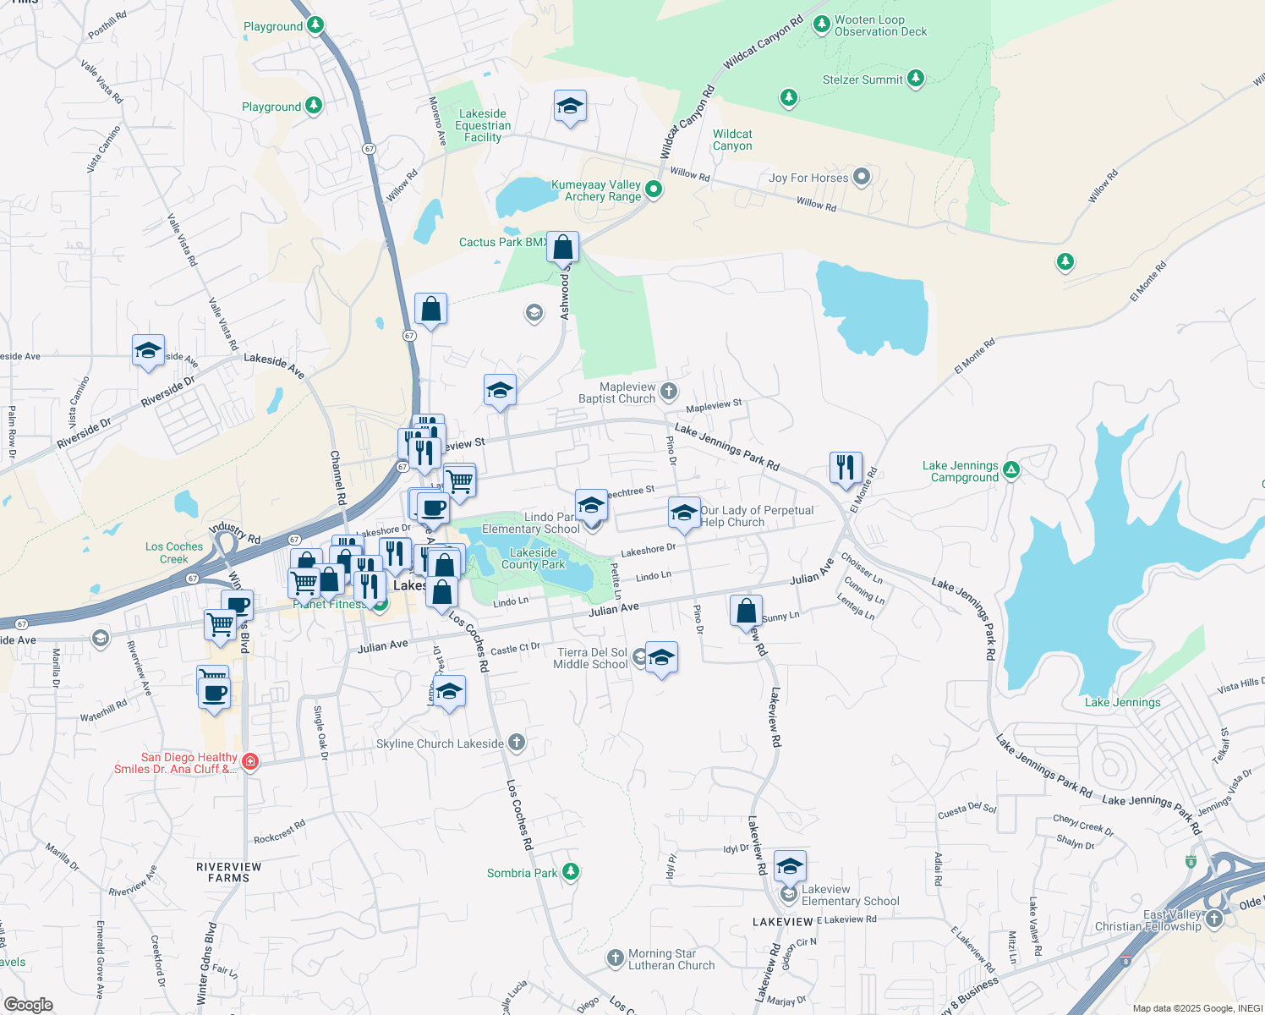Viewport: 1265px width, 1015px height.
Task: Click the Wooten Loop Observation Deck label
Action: [x=880, y=26]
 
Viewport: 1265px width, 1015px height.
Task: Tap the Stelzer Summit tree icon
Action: [x=915, y=80]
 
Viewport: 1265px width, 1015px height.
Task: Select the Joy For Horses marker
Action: [x=862, y=177]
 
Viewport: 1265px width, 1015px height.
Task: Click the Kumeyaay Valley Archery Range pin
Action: [x=653, y=189]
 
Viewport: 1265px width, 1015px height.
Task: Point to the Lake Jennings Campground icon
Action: [x=1011, y=469]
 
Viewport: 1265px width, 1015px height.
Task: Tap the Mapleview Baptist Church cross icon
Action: [x=669, y=391]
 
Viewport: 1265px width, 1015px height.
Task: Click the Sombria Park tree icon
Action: [x=571, y=872]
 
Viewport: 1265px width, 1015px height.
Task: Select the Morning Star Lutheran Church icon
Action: [x=616, y=957]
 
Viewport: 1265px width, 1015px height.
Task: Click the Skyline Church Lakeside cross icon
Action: [x=517, y=743]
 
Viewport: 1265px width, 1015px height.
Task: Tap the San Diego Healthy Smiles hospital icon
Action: [x=249, y=762]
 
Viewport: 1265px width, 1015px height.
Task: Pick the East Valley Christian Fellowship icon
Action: [x=1214, y=919]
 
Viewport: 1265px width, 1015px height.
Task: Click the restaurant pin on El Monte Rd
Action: [x=846, y=467]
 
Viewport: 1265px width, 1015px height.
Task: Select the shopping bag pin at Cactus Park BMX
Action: [x=562, y=247]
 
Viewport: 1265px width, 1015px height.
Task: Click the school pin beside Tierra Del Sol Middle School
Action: [x=661, y=657]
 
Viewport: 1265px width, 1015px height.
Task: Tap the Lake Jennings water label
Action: [x=1122, y=702]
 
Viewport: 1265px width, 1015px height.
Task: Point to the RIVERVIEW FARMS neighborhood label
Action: [x=228, y=872]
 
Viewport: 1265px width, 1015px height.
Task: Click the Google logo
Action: [x=28, y=1004]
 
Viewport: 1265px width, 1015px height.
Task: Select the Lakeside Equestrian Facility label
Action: [x=483, y=125]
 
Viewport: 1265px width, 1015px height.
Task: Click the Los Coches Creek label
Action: [x=174, y=552]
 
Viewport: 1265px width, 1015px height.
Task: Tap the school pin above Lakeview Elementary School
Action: [x=790, y=866]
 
